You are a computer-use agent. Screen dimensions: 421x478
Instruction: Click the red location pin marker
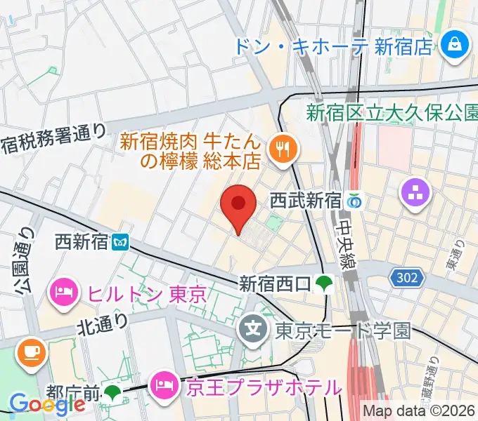238,206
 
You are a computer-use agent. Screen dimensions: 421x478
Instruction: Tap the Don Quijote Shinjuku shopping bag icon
455,46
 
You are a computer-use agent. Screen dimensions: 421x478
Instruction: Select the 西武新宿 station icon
354,201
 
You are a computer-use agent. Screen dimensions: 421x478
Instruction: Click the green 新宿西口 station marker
323,283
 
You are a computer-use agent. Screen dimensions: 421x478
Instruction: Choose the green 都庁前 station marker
112,392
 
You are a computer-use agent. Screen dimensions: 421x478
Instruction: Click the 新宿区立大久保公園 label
392,112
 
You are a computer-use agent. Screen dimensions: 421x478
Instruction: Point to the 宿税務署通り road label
54,139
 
